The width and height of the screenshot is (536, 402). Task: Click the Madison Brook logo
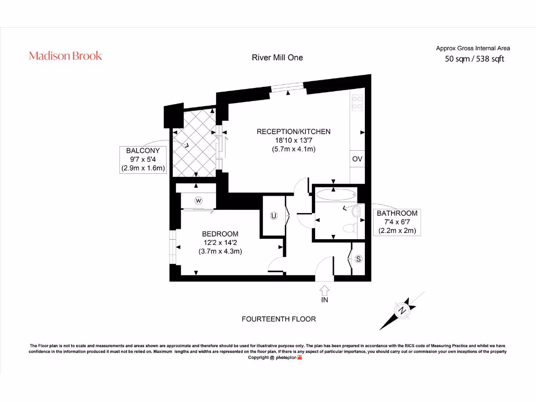tap(65, 56)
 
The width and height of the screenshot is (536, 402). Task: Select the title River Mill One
tap(277, 58)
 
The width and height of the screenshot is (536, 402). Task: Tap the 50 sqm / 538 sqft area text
tap(474, 59)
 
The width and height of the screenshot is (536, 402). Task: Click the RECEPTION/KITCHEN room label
tap(293, 131)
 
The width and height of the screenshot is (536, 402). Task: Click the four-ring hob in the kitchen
tap(358, 103)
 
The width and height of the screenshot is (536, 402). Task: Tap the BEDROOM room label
tap(220, 234)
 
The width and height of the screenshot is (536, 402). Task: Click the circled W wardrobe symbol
tap(198, 200)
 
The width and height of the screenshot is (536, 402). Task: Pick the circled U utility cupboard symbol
tap(273, 216)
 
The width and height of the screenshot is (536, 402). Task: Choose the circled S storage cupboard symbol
tap(359, 259)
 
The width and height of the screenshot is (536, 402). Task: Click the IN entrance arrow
tap(325, 291)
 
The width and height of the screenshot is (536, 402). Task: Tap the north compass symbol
tap(402, 310)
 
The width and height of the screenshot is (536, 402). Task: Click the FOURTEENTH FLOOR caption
tap(278, 319)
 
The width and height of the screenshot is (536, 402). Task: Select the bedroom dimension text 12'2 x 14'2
tap(220, 242)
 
